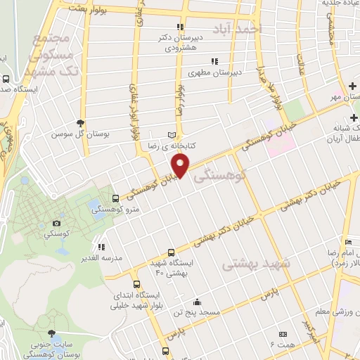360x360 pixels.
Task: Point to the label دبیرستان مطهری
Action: click(214, 71)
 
